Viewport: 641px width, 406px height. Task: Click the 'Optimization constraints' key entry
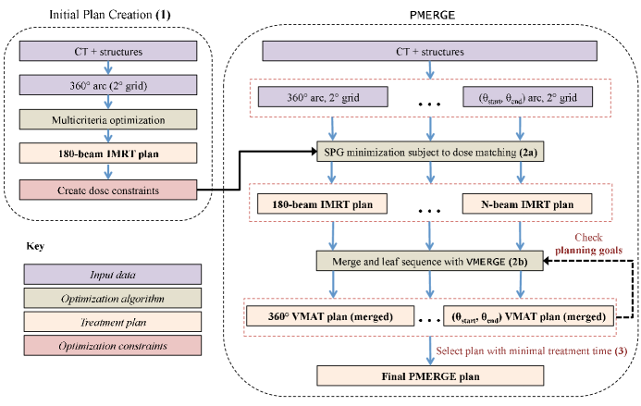click(111, 348)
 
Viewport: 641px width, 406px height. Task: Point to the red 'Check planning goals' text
click(602, 242)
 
